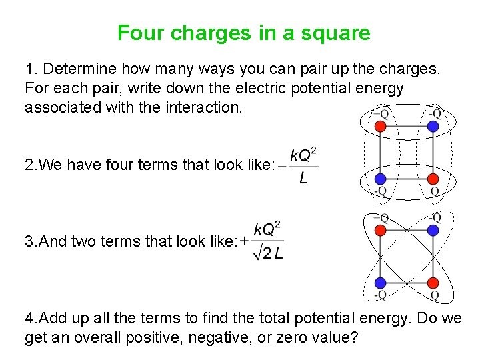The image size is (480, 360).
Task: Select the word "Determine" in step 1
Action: click(75, 69)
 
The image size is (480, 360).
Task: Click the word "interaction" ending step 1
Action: click(200, 107)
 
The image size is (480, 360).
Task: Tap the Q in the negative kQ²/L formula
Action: click(303, 156)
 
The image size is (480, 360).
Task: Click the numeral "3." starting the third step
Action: click(31, 241)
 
